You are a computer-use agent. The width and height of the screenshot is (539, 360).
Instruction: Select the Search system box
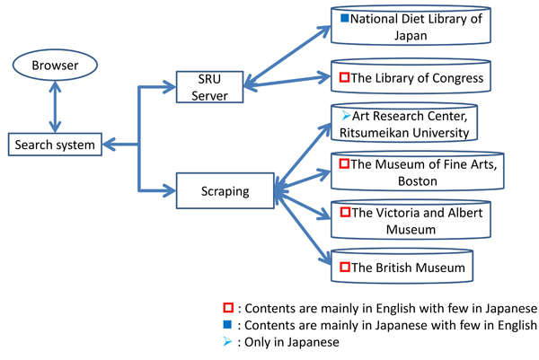click(53, 144)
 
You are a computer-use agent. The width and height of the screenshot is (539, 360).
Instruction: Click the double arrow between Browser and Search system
click(57, 106)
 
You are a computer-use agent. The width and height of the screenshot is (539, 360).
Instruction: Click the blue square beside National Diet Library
click(344, 18)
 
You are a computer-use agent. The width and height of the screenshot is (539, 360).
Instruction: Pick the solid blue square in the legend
click(229, 325)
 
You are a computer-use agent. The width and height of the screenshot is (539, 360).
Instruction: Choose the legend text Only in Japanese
click(290, 342)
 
